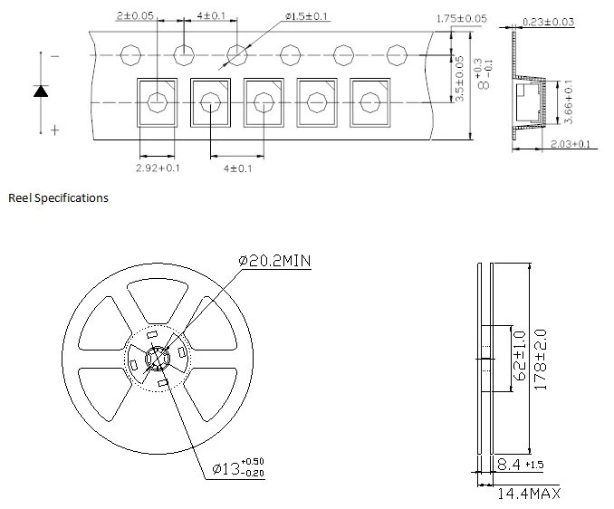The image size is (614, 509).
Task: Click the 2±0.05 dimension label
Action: (x=136, y=16)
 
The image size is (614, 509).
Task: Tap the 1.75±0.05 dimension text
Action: (x=461, y=18)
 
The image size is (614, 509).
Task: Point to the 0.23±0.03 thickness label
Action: (x=547, y=21)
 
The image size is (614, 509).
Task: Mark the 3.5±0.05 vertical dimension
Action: (x=459, y=79)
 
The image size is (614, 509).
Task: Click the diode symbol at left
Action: (x=41, y=91)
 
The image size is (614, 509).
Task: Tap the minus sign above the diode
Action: (x=55, y=56)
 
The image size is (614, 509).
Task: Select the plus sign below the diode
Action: (x=54, y=130)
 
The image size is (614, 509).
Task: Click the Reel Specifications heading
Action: (x=58, y=197)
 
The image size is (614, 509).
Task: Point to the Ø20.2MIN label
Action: (x=275, y=261)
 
